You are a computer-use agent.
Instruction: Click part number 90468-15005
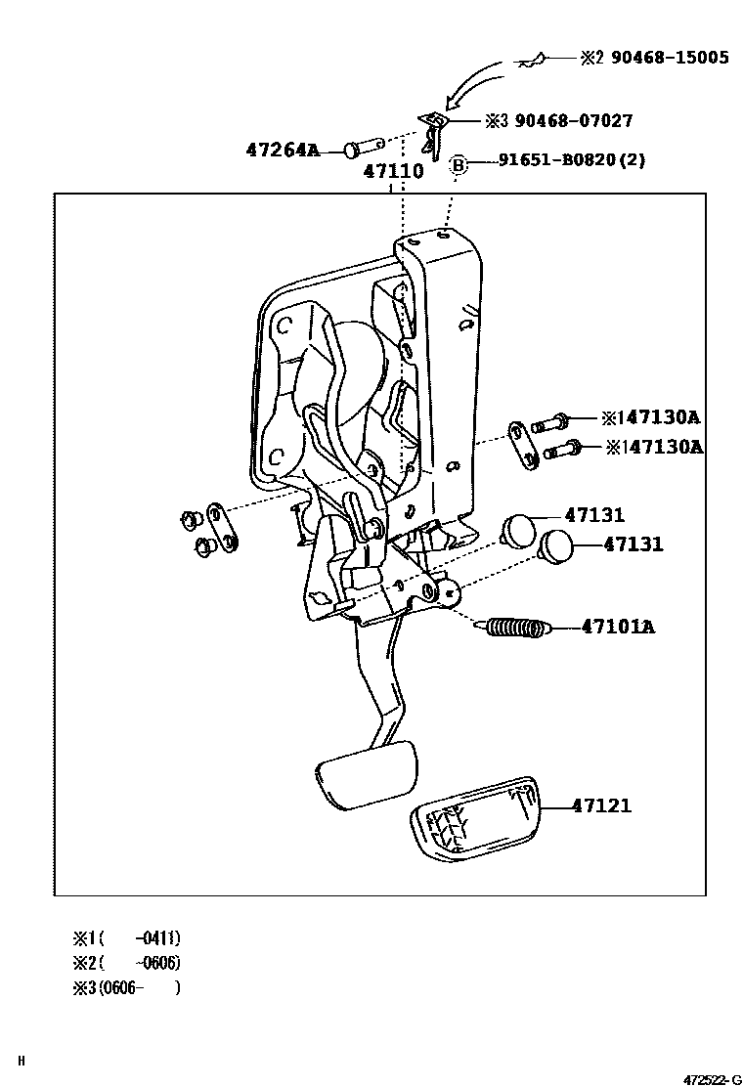click(670, 58)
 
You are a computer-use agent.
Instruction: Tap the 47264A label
click(283, 151)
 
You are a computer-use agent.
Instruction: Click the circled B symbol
click(458, 164)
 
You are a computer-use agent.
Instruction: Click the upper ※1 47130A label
click(650, 417)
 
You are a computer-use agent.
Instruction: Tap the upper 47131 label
click(593, 515)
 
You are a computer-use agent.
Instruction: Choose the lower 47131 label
click(633, 544)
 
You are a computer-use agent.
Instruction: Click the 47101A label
click(618, 626)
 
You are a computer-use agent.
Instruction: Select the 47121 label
click(601, 806)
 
